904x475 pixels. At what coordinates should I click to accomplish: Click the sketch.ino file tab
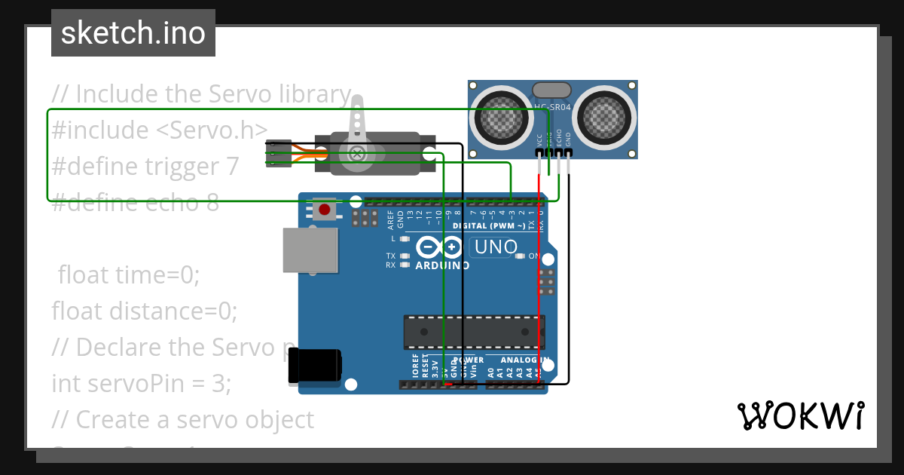point(133,33)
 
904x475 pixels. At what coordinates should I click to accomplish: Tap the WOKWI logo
point(799,416)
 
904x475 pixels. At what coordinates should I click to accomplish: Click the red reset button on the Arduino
point(325,210)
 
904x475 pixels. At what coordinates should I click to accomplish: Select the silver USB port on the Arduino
point(309,250)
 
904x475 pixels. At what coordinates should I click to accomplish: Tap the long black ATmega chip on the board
point(474,329)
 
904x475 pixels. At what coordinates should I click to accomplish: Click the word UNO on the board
point(495,247)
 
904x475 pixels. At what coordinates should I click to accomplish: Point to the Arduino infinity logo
point(439,247)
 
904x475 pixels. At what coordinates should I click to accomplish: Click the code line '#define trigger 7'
point(145,166)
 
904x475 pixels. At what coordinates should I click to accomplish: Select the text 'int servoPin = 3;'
point(141,383)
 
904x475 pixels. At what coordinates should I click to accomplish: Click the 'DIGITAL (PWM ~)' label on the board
point(489,225)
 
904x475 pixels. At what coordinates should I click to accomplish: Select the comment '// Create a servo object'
point(182,419)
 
